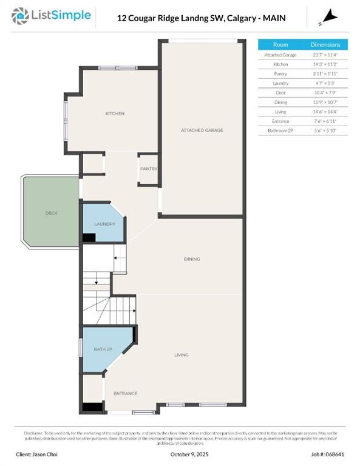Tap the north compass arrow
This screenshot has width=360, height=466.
(x=329, y=16)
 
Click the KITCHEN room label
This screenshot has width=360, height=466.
(x=115, y=113)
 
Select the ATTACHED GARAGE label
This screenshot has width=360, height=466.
(x=202, y=130)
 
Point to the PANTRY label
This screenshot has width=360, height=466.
(x=149, y=169)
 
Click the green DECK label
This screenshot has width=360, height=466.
(x=51, y=213)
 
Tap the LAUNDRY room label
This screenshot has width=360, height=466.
(x=104, y=224)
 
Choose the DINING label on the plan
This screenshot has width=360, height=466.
(x=192, y=259)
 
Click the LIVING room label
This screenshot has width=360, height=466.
(x=181, y=355)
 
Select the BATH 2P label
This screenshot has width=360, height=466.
(x=103, y=350)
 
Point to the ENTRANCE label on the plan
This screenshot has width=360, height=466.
(x=125, y=393)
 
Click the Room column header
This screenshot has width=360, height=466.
(x=280, y=45)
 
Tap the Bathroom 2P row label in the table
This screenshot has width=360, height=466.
(x=280, y=130)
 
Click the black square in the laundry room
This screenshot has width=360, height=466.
(x=89, y=238)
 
